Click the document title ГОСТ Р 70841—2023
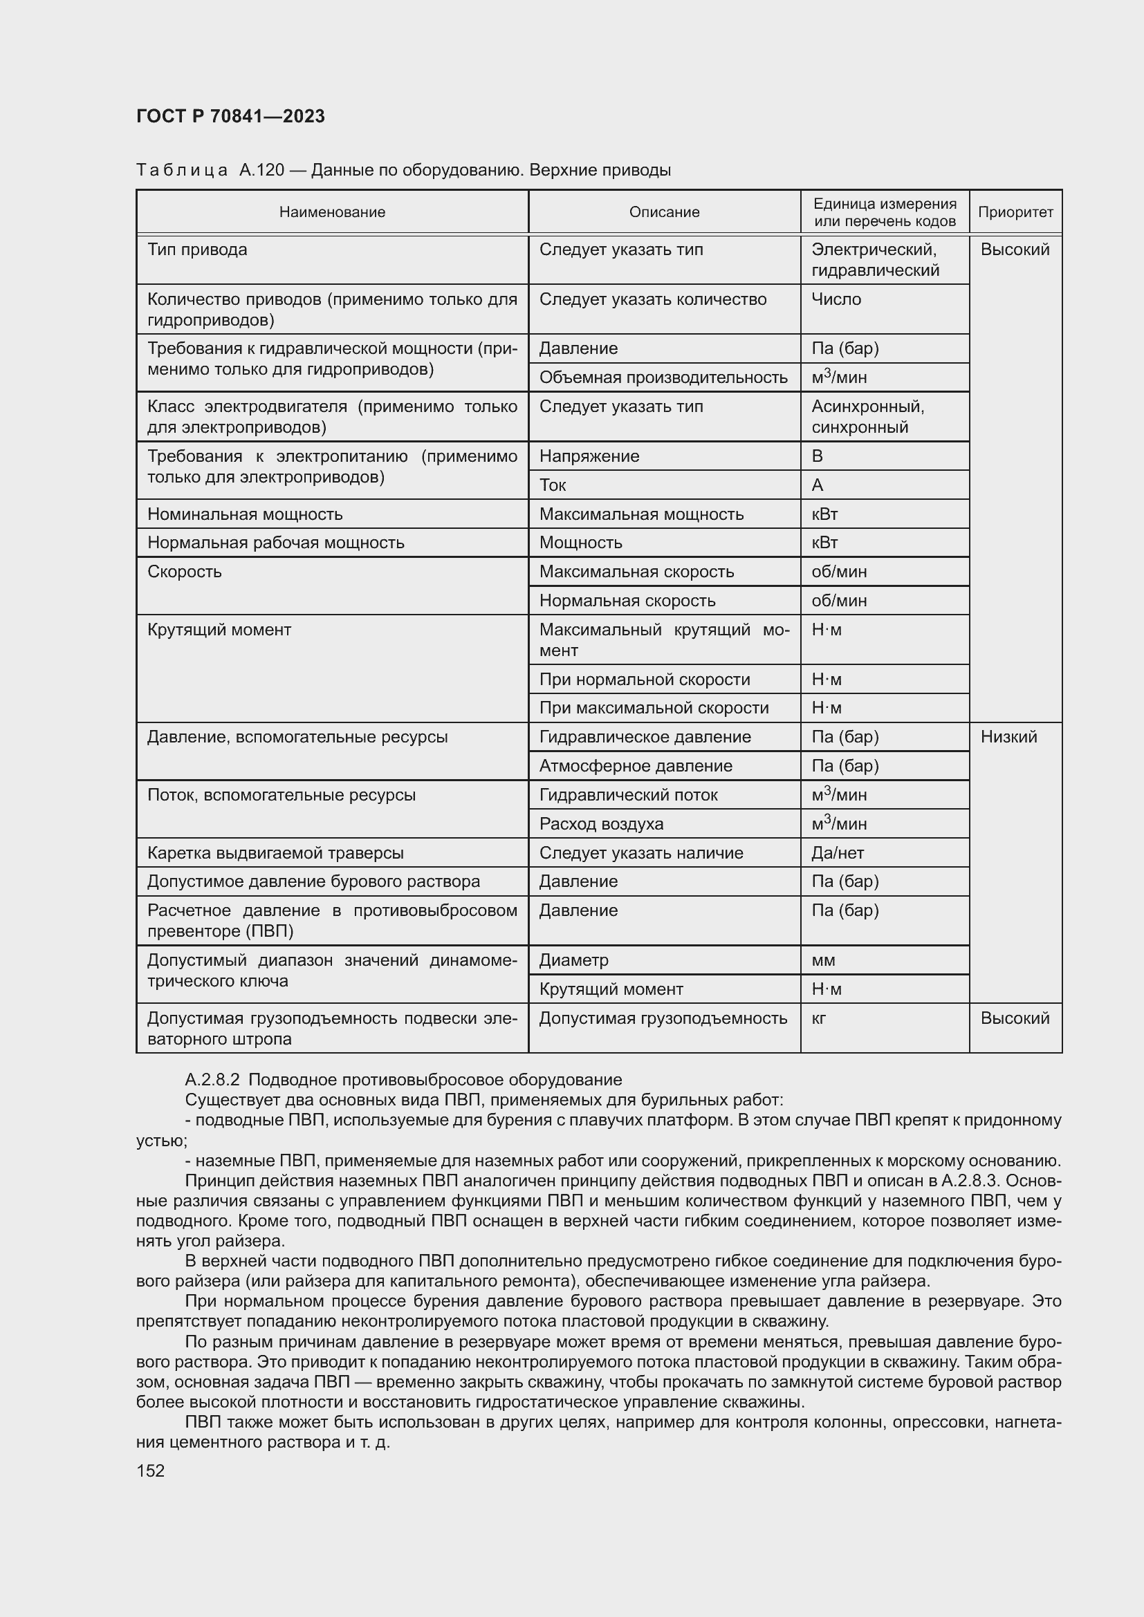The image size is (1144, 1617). (x=230, y=116)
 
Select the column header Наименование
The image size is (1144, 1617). (x=332, y=212)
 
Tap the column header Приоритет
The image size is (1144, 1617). (x=1015, y=212)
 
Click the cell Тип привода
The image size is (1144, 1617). (x=197, y=250)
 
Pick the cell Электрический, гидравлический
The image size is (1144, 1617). (x=875, y=260)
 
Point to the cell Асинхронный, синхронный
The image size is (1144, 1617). (x=868, y=417)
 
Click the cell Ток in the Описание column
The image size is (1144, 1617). (x=553, y=485)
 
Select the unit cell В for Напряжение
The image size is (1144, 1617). (x=817, y=456)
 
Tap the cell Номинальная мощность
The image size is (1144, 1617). (x=245, y=514)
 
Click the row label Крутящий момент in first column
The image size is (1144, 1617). (x=219, y=630)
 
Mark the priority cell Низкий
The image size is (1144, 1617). (x=1008, y=737)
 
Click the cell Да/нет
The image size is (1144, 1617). (x=838, y=853)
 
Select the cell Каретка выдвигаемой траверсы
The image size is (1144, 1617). (x=275, y=853)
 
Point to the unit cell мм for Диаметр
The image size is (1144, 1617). (x=823, y=960)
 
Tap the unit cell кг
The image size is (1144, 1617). (x=819, y=1018)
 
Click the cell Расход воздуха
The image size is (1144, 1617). (x=601, y=824)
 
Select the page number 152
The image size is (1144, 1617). (x=150, y=1470)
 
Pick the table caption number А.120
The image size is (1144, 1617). (x=261, y=171)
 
